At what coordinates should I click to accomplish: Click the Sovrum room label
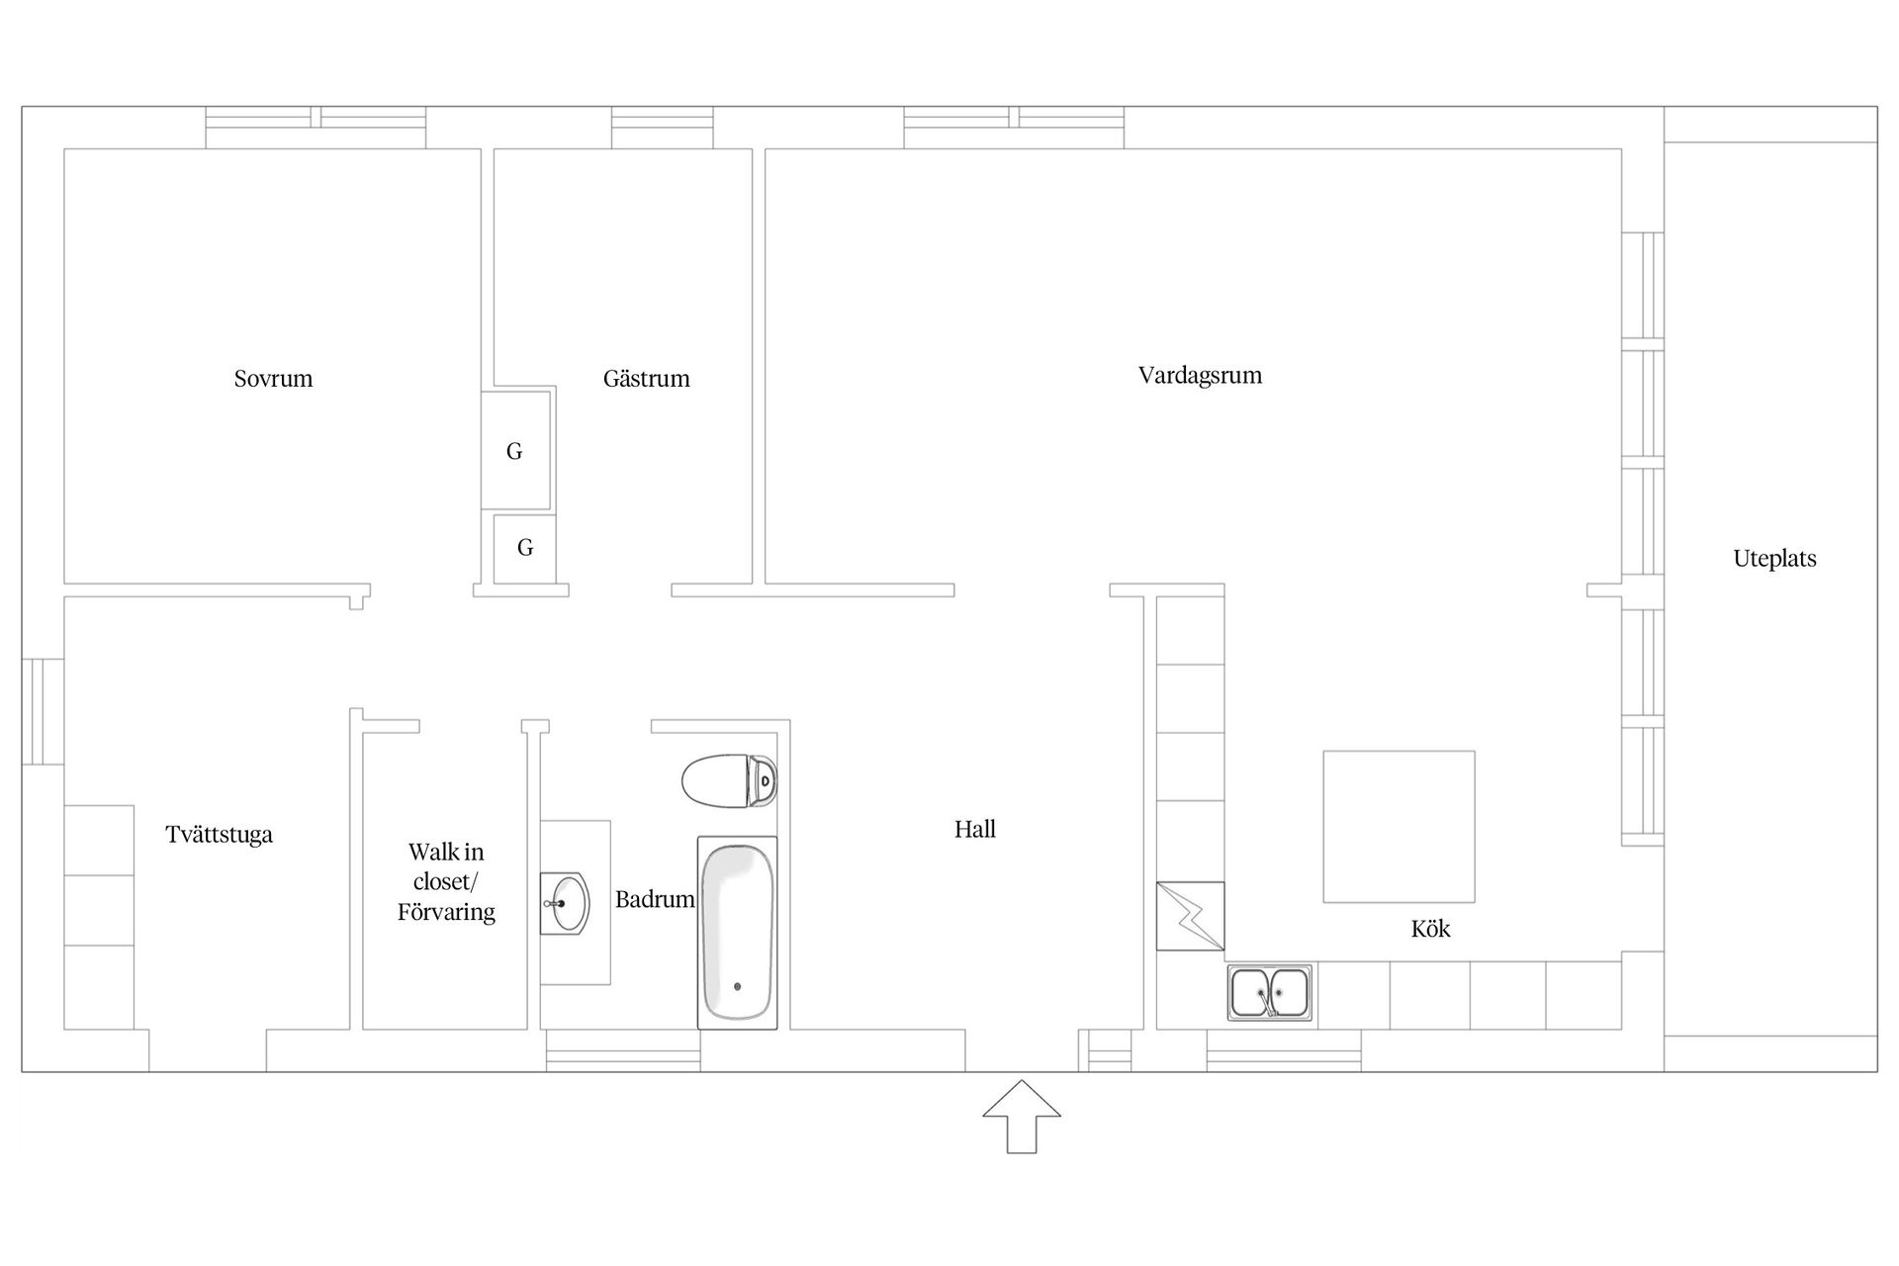pos(273,379)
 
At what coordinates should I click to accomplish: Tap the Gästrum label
pos(646,379)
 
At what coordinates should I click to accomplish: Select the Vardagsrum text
pos(1200,376)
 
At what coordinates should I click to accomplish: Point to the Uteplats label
pos(1774,559)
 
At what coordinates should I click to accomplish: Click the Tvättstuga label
pos(219,835)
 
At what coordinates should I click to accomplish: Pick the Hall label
pos(974,829)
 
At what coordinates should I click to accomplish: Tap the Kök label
pos(1430,929)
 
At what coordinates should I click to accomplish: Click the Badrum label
pos(655,899)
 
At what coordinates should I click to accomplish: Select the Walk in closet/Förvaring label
pos(446,881)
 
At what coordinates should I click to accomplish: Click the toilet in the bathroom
pos(729,781)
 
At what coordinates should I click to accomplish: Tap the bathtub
pos(737,933)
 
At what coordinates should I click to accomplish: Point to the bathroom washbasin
pos(565,903)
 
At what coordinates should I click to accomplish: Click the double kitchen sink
pos(1270,992)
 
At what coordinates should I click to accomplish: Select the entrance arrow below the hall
pos(1022,1117)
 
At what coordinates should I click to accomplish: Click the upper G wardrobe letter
pos(514,451)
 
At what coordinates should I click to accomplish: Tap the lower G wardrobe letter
pos(525,547)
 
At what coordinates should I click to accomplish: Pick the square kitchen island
pos(1399,827)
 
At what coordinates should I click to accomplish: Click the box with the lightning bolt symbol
pos(1190,916)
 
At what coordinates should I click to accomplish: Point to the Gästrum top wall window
pos(662,128)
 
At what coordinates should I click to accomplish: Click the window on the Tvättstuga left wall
pos(43,712)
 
